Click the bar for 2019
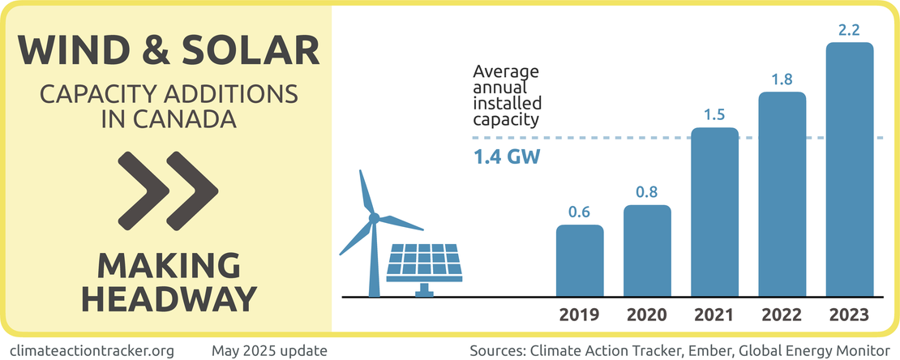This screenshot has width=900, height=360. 580,261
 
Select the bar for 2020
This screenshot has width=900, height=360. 647,251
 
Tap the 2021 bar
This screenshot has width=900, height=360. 714,212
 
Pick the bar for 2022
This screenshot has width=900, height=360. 782,195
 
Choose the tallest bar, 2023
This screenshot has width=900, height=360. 850,170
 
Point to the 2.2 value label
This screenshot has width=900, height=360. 850,30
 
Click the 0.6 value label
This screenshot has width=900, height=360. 579,212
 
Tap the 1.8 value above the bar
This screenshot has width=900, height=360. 782,79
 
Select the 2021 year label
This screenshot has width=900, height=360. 714,315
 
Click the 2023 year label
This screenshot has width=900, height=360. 850,315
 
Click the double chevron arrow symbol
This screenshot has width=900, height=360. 168,189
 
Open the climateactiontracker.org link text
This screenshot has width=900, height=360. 93,350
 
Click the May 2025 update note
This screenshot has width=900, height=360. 269,350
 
